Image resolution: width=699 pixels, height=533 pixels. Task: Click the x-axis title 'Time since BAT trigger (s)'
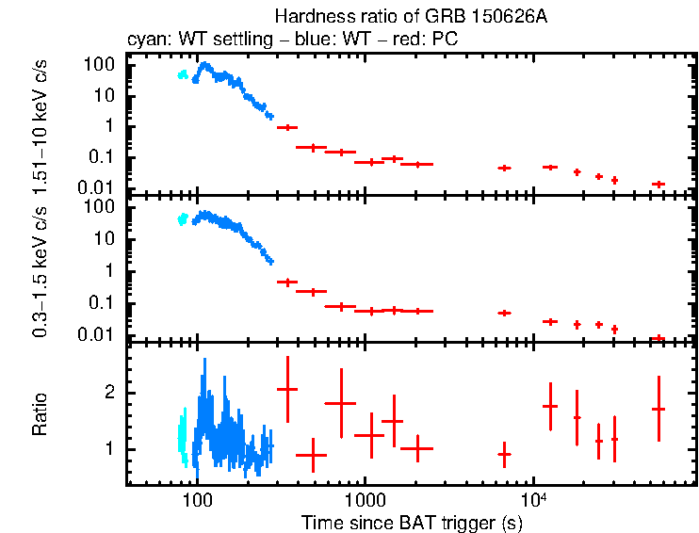(412, 522)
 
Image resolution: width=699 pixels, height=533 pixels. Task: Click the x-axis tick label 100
(197, 499)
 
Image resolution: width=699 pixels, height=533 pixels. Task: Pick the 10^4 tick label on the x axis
(533, 498)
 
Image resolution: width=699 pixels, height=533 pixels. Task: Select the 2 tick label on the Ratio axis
(110, 392)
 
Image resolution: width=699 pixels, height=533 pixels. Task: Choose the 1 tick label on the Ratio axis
(110, 449)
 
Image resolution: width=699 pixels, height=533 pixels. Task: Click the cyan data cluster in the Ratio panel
(182, 436)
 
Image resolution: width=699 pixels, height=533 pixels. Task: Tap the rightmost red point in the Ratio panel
(658, 409)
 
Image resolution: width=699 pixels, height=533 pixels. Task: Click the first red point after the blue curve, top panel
(286, 127)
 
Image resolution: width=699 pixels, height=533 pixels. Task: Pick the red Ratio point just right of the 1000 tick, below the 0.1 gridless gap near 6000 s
(504, 454)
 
